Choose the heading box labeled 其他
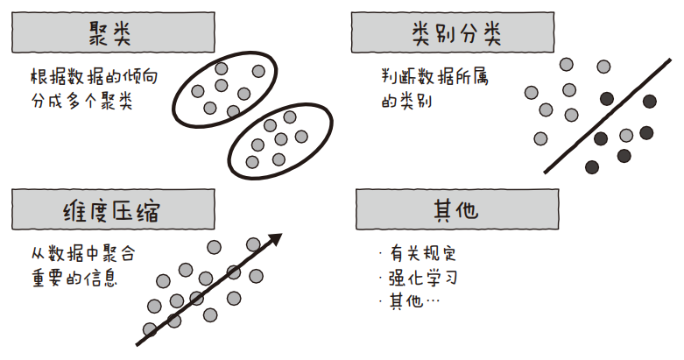pos(456,211)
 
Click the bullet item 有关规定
pos(422,255)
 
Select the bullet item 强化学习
pos(422,279)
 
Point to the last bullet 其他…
pos(413,301)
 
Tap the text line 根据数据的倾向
pos(94,77)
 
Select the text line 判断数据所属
pos(434,77)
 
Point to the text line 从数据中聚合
pos(82,255)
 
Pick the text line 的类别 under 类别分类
pos(409,102)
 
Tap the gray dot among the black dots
pos(626,135)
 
